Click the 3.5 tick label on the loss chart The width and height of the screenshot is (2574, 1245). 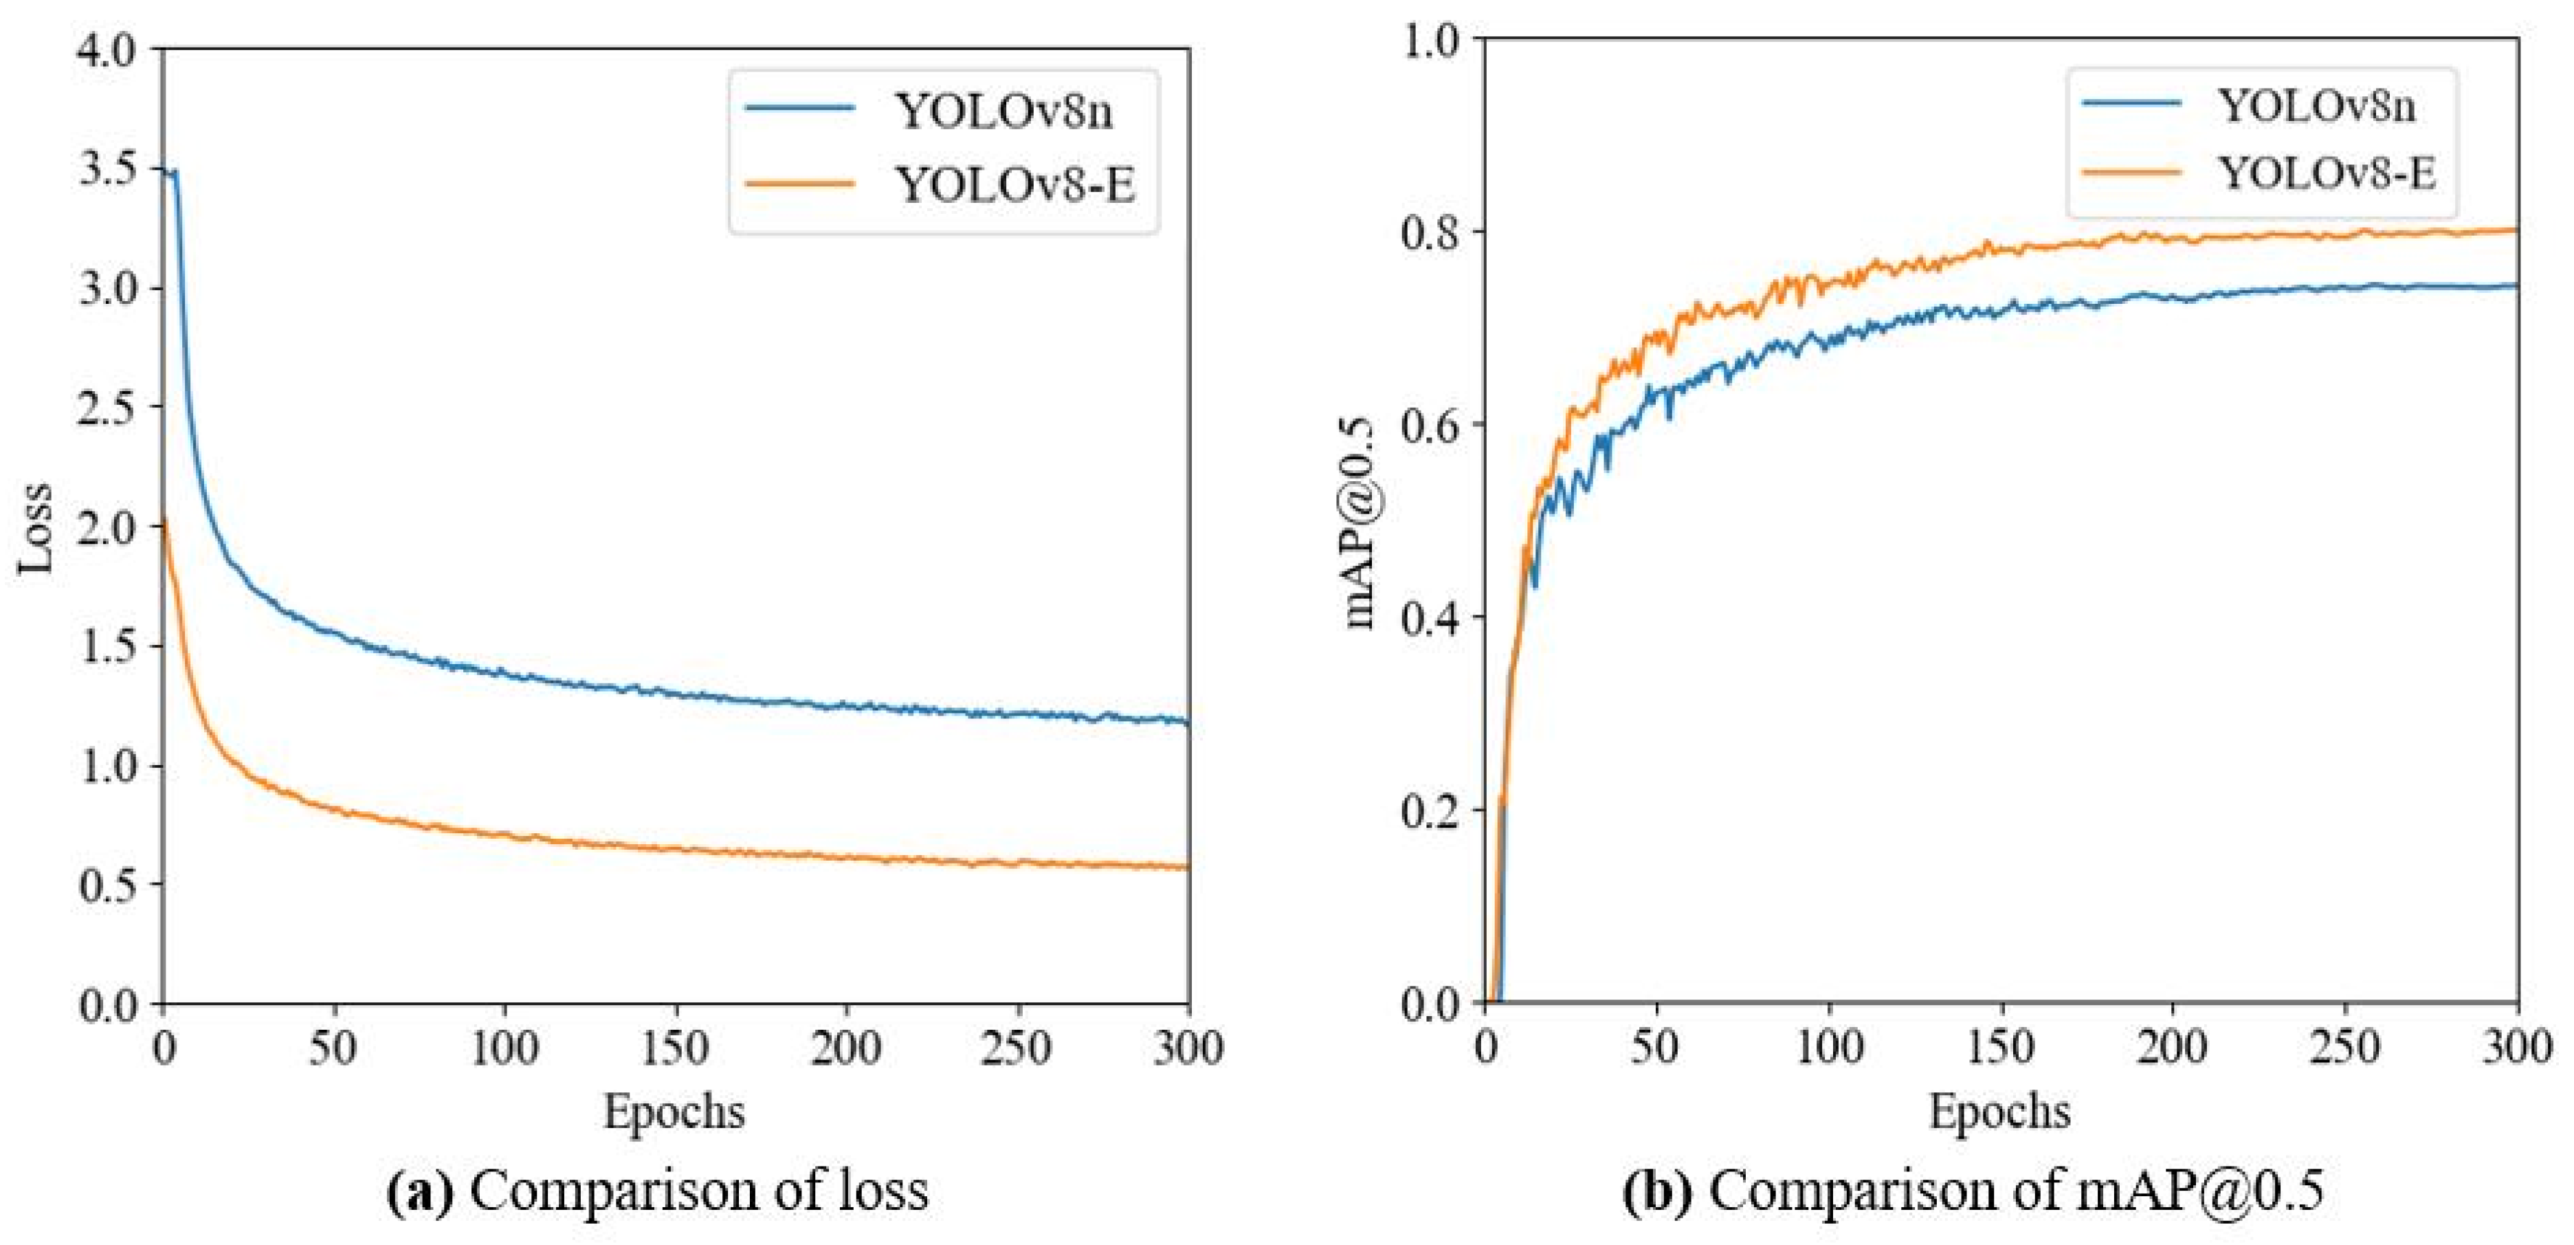tap(107, 168)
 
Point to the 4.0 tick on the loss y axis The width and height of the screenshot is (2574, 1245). tap(107, 48)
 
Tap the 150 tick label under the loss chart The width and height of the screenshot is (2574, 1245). tap(676, 1049)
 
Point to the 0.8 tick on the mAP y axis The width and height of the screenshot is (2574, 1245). tap(1431, 232)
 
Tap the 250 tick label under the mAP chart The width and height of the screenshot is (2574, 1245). tap(2345, 1049)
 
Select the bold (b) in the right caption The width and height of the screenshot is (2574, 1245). tap(1658, 1192)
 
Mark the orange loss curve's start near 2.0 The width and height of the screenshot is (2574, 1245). tap(164, 520)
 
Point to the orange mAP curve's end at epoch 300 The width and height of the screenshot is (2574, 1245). tap(2515, 230)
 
